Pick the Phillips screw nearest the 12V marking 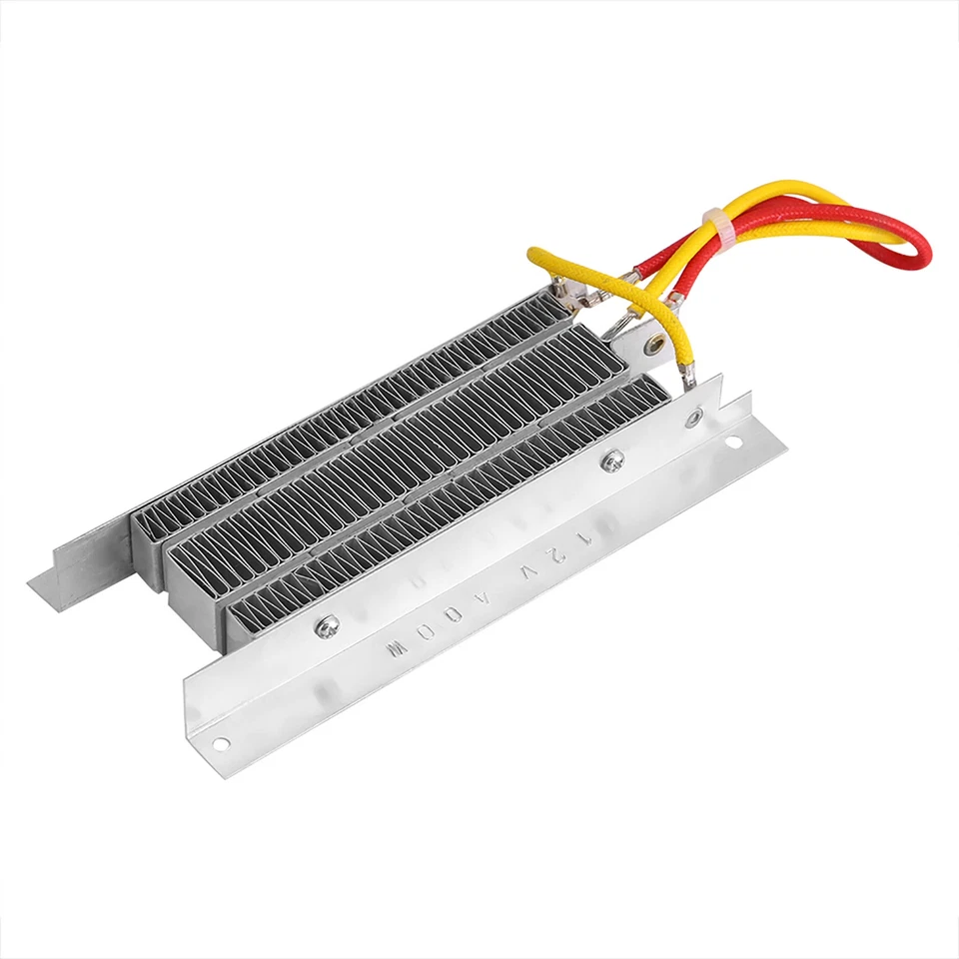click(610, 462)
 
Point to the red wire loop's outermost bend click(924, 246)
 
